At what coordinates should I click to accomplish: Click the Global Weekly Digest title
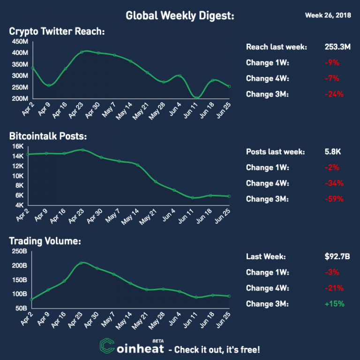pyautogui.click(x=180, y=16)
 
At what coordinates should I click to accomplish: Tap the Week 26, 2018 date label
pyautogui.click(x=327, y=15)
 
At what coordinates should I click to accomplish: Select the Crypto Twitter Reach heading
pyautogui.click(x=57, y=32)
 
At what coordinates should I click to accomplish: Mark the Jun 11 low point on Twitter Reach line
pyautogui.click(x=197, y=97)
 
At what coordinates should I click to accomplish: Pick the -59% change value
pyautogui.click(x=334, y=199)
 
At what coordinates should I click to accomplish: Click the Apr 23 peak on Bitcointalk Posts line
pyautogui.click(x=82, y=150)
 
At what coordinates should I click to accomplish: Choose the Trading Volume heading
pyautogui.click(x=45, y=241)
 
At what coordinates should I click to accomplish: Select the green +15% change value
pyautogui.click(x=335, y=303)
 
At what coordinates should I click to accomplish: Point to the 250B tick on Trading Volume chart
pyautogui.click(x=18, y=251)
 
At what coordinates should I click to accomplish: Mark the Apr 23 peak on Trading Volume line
pyautogui.click(x=82, y=262)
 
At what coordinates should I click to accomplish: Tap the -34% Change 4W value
pyautogui.click(x=334, y=183)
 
